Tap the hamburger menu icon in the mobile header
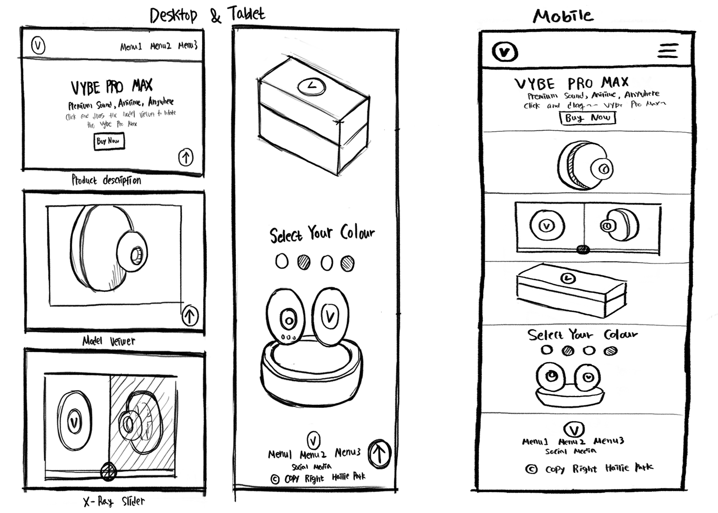(668, 50)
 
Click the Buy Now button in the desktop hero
(109, 141)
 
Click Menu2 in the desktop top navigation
(161, 46)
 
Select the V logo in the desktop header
(38, 45)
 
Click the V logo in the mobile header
(505, 52)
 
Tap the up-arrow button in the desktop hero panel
(186, 157)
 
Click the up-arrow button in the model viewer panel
(190, 315)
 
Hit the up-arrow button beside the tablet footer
(380, 453)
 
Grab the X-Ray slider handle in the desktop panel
(108, 471)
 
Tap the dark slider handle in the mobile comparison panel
(583, 249)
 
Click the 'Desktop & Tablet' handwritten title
(207, 15)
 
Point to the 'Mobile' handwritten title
(563, 16)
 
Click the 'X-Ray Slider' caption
(114, 501)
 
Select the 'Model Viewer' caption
(109, 341)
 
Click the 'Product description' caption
(106, 180)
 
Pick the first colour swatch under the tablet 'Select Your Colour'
(282, 262)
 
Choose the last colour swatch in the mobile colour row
(610, 351)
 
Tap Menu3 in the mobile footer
(609, 441)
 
